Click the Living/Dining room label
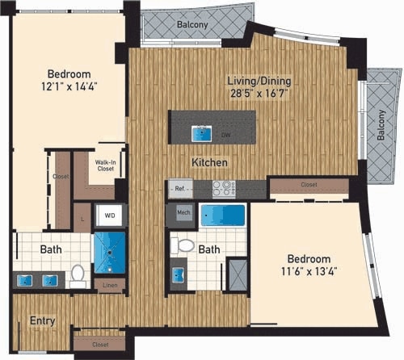click(259, 81)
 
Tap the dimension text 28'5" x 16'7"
click(259, 94)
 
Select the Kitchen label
click(209, 162)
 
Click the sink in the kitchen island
click(199, 132)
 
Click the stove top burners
click(223, 188)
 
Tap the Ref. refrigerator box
click(178, 188)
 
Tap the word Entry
click(43, 320)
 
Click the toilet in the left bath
click(79, 276)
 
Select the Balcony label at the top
click(193, 25)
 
